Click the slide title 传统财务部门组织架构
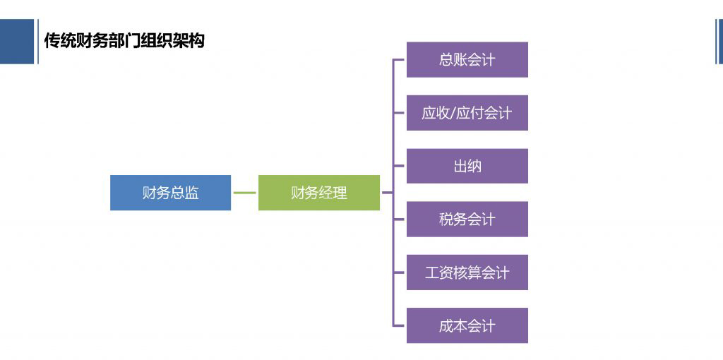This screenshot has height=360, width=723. (x=124, y=41)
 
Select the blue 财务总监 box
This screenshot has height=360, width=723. (x=170, y=193)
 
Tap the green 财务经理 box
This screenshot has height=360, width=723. (x=319, y=193)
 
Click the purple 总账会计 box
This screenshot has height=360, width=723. (x=467, y=60)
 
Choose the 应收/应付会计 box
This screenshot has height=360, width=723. (x=467, y=113)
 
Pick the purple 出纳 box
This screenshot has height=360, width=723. (x=467, y=167)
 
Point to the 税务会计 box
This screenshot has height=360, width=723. (x=467, y=220)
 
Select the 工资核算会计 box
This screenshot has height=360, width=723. (x=467, y=272)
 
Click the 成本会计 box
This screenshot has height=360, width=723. (x=467, y=326)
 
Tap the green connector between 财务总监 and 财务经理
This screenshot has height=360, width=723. (x=244, y=193)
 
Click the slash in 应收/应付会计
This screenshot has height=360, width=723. (x=453, y=113)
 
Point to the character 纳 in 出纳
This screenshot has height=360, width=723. (x=474, y=167)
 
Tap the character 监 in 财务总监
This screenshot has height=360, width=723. (x=191, y=193)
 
